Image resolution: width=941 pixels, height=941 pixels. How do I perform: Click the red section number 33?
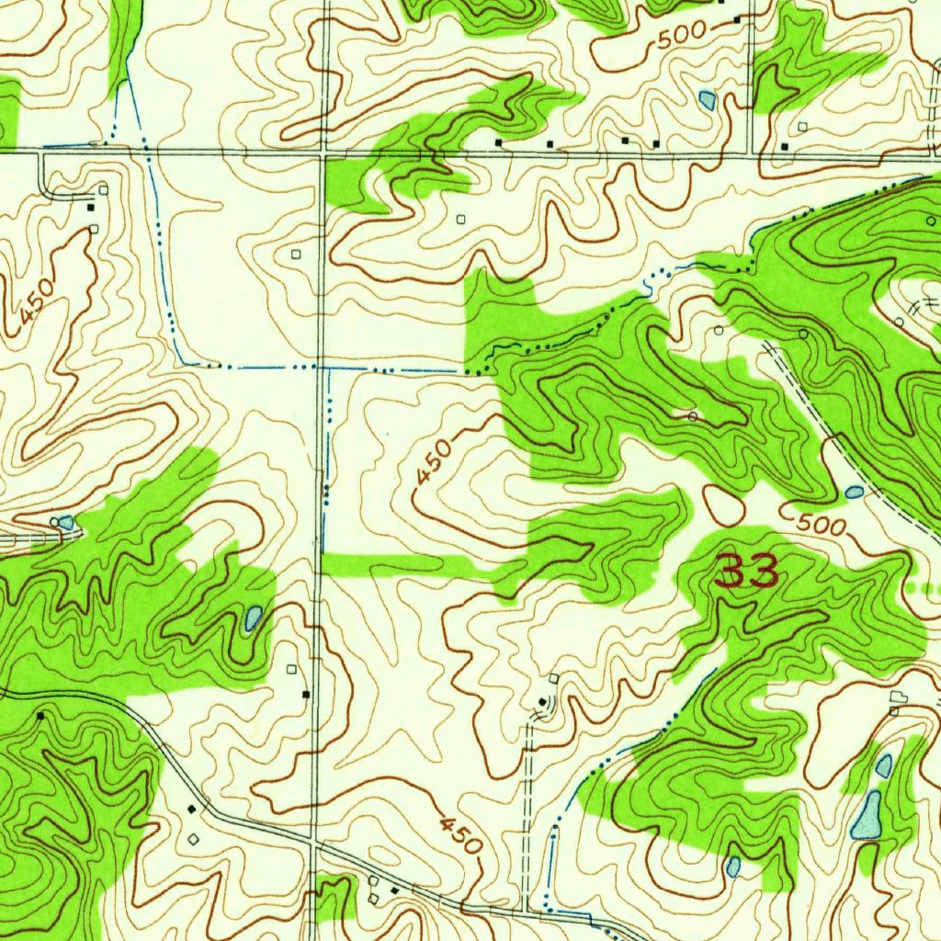(x=747, y=572)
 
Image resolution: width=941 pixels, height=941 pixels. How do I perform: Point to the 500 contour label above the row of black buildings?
(x=681, y=34)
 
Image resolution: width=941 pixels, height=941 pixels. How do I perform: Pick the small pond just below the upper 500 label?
(x=707, y=98)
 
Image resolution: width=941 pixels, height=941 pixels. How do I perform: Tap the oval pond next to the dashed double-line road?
(x=854, y=493)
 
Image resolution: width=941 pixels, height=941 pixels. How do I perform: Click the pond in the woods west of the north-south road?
(x=252, y=618)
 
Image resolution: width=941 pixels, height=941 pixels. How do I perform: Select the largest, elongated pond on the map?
(x=867, y=814)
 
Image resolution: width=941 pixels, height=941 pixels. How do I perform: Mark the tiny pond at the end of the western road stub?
(x=66, y=523)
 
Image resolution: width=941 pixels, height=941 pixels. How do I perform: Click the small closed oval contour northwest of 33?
(x=724, y=505)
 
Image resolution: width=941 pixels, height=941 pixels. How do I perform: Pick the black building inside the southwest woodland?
(x=40, y=714)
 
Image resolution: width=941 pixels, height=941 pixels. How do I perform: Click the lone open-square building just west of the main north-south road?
(x=295, y=253)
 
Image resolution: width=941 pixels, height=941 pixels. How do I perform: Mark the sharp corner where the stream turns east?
(x=182, y=361)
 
